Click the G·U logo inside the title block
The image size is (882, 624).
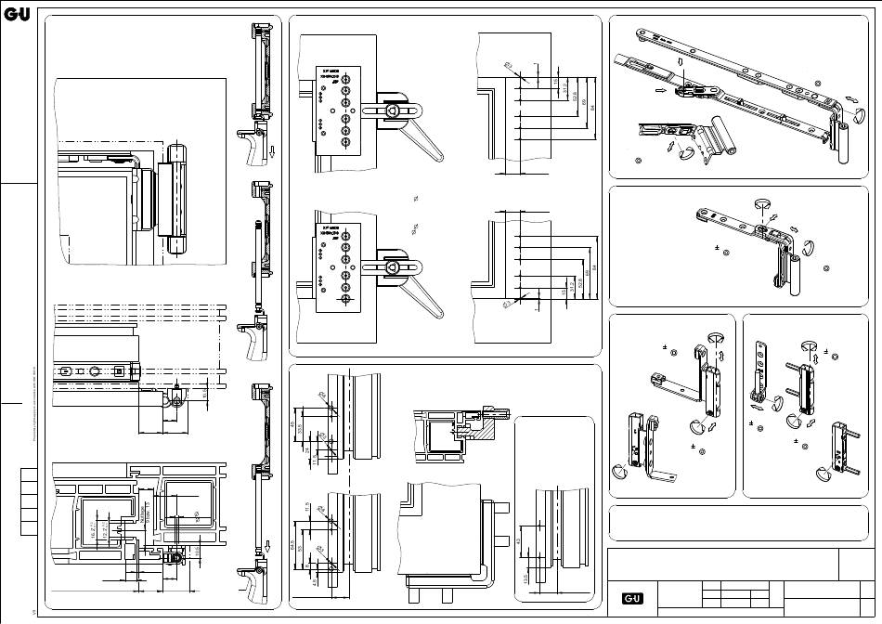(632, 598)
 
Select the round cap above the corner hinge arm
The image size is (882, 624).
(760, 201)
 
